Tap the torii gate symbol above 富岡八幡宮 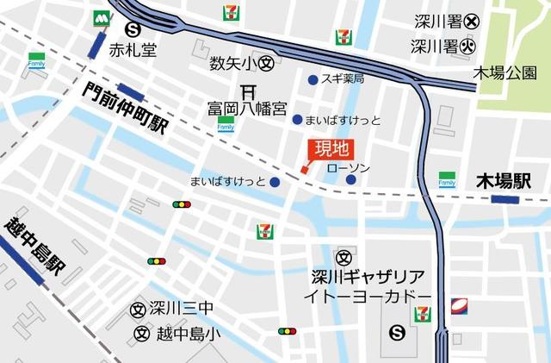pos(247,91)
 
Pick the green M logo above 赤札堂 pos(103,16)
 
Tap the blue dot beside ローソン pos(351,179)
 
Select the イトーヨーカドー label pos(367,297)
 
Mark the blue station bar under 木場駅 pos(505,199)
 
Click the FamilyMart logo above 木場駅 pos(447,178)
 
